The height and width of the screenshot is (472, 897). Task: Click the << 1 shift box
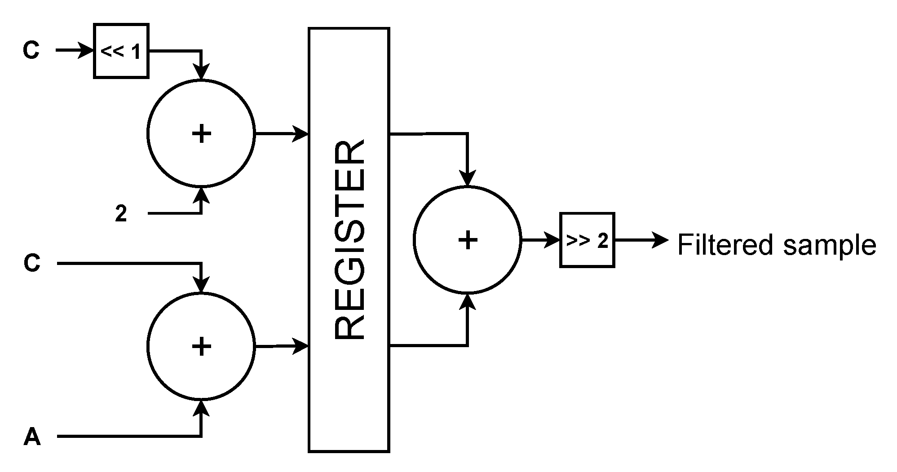click(121, 51)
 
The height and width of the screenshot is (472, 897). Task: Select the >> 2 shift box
click(587, 240)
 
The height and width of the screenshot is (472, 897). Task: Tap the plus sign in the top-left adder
click(201, 133)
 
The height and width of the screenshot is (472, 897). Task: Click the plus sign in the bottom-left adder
click(201, 346)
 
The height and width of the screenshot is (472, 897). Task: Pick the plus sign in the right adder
click(468, 240)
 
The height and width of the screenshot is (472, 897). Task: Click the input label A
click(32, 437)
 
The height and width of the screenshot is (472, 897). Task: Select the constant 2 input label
click(121, 214)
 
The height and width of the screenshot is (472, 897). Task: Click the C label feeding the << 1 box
click(31, 51)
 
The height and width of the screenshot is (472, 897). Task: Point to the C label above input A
click(32, 263)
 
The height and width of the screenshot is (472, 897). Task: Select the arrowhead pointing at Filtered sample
click(661, 240)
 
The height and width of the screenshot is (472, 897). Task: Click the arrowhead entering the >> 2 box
click(552, 240)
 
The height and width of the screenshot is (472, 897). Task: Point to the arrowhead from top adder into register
click(300, 133)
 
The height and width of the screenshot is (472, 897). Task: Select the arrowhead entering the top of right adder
click(468, 178)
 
